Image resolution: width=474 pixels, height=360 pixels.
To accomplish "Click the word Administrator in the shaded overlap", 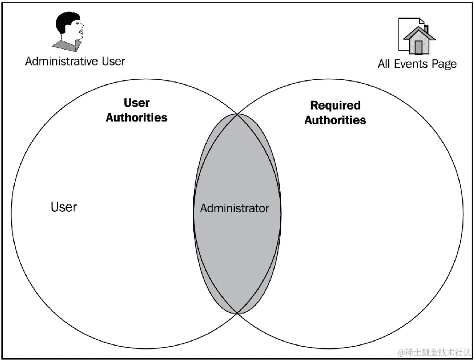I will pos(234,208).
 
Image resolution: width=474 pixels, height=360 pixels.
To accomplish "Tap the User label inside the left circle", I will pos(64,207).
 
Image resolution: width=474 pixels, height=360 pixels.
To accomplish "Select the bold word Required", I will pos(335,105).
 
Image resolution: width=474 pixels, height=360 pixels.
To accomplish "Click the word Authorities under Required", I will pos(335,120).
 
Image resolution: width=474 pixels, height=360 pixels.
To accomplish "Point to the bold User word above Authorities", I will pos(137,103).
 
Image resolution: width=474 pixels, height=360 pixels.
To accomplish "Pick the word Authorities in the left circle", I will pos(137,117).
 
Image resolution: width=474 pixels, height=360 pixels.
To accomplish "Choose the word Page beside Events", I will pos(445,64).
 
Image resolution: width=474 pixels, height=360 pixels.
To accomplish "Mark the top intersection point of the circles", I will pos(237,114).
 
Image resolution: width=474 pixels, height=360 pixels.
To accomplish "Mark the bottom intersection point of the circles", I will pos(237,314).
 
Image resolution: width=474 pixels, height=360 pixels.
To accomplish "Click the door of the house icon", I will pos(418,47).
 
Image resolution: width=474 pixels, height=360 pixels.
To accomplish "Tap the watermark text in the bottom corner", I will pos(435,353).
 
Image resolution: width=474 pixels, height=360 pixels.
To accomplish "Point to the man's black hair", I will pos(64,20).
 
